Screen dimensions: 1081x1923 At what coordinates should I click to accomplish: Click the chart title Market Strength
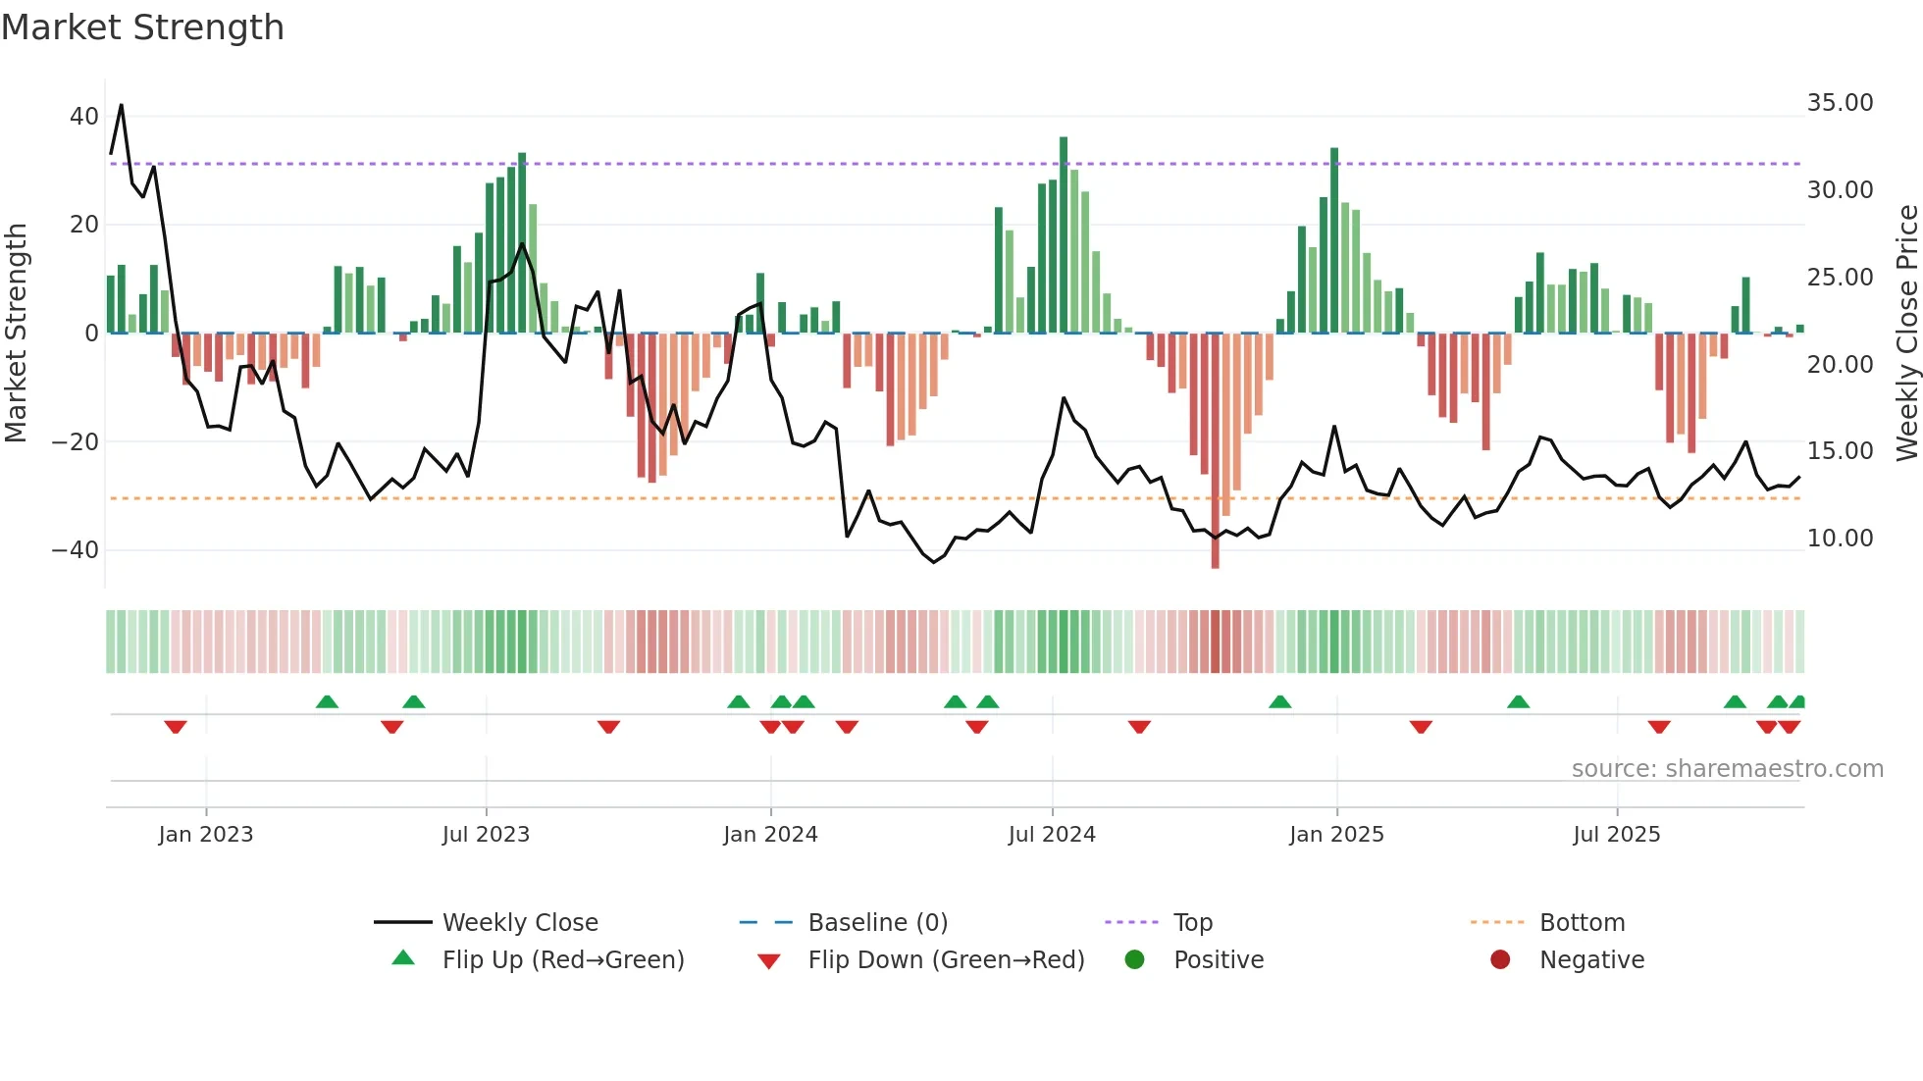(x=142, y=27)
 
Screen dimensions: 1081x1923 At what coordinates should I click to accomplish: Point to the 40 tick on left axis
(x=84, y=117)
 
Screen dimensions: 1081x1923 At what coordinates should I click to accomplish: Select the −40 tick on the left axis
(x=76, y=550)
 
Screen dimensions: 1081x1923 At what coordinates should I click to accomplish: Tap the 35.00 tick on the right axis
(x=1840, y=103)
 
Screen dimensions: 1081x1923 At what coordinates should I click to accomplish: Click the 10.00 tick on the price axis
(x=1840, y=539)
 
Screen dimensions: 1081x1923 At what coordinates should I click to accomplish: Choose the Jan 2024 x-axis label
(x=770, y=835)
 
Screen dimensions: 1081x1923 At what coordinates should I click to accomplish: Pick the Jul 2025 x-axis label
(x=1616, y=835)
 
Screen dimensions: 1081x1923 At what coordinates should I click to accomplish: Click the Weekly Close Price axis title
(x=1906, y=334)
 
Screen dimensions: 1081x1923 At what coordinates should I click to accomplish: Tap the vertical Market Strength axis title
(x=16, y=334)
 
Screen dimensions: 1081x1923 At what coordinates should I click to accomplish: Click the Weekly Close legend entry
(x=519, y=923)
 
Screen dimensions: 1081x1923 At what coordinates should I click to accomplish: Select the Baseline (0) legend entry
(x=877, y=923)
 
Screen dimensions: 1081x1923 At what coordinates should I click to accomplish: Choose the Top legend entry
(x=1192, y=923)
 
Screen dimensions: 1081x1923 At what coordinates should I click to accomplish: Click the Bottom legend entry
(x=1582, y=923)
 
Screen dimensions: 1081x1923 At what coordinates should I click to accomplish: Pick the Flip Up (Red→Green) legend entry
(x=562, y=960)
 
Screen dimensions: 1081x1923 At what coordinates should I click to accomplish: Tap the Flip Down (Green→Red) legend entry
(x=946, y=960)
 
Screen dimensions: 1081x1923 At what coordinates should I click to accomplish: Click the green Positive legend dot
(x=1135, y=960)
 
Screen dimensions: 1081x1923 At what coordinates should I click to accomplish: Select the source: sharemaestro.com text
(x=1727, y=769)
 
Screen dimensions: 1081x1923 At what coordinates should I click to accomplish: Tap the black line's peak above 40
(x=121, y=106)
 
